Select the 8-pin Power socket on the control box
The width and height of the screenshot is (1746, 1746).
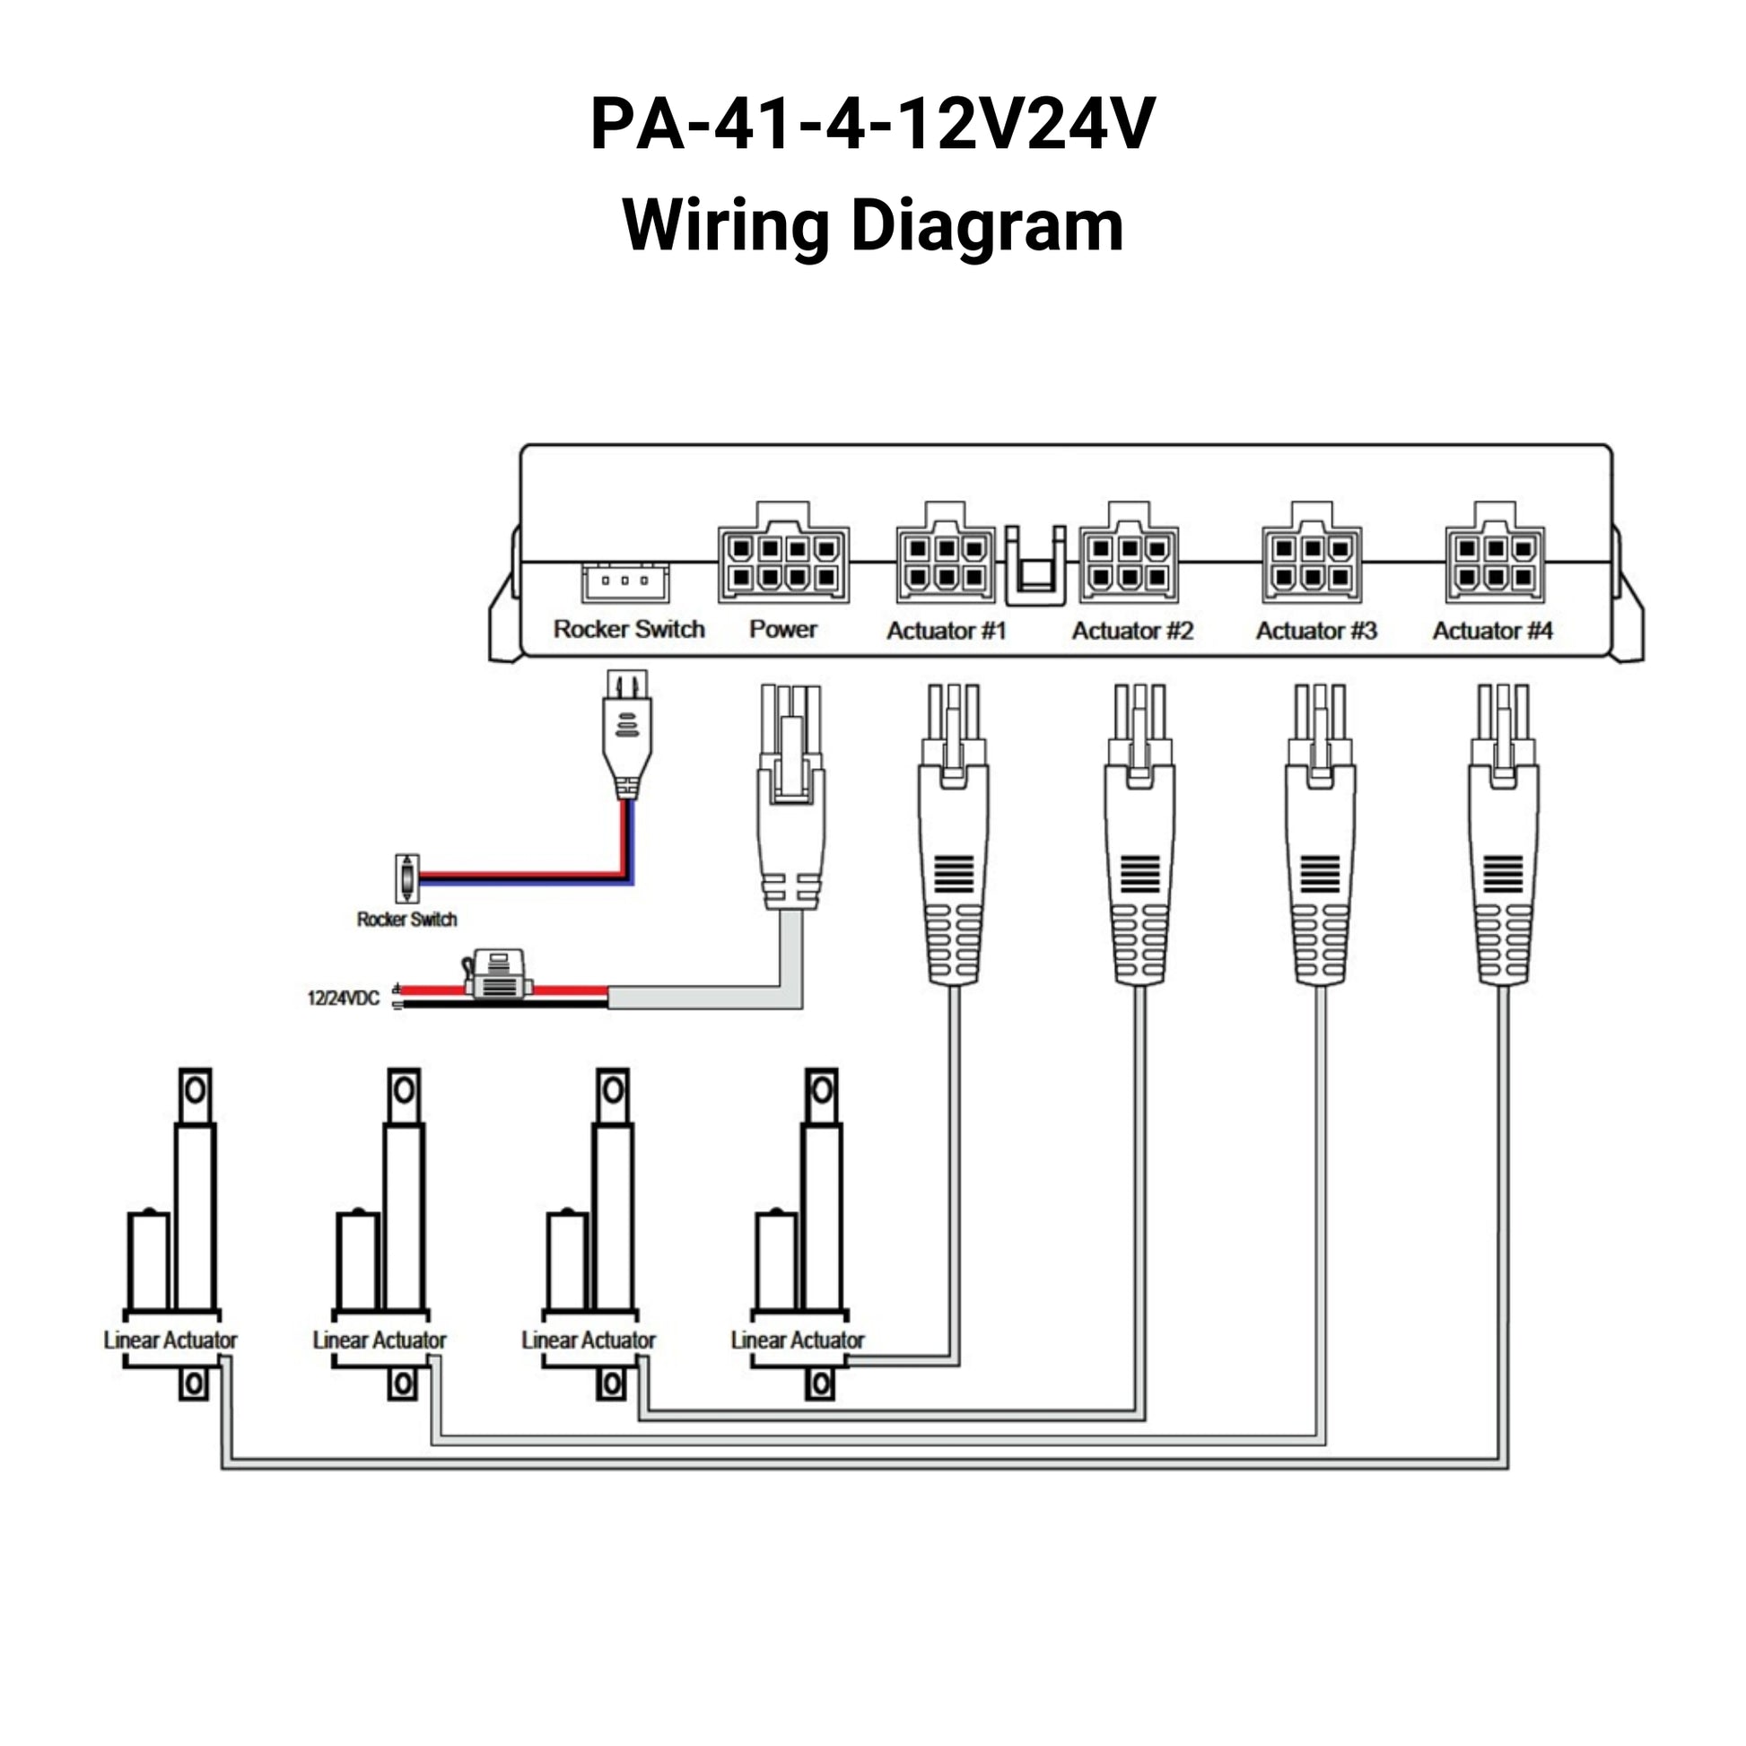[782, 563]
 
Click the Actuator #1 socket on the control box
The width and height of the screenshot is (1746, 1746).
[945, 563]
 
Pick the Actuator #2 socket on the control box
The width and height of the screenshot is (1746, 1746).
[1129, 563]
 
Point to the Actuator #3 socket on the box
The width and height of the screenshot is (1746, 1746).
[1313, 563]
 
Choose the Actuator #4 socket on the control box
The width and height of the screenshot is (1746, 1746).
[1495, 563]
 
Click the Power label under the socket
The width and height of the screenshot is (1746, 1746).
[782, 629]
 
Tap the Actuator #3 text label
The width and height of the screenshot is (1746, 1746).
[1316, 630]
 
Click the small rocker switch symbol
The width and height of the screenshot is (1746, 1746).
[407, 877]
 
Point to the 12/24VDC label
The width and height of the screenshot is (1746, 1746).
[343, 999]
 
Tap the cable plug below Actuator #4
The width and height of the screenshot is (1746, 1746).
[1503, 836]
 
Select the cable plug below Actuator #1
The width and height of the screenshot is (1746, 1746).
[954, 836]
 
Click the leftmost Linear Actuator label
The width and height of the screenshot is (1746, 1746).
[170, 1340]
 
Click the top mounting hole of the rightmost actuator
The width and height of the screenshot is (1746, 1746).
[821, 1091]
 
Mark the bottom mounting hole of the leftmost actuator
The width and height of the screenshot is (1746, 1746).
[194, 1384]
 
